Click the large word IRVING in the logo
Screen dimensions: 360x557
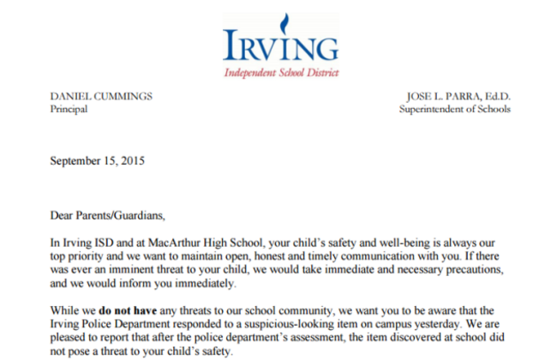(279, 45)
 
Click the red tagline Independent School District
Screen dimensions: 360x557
(280, 73)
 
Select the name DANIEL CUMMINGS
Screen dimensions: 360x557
(101, 96)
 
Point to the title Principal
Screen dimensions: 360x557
(69, 109)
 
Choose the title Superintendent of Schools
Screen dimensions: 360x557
(454, 109)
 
